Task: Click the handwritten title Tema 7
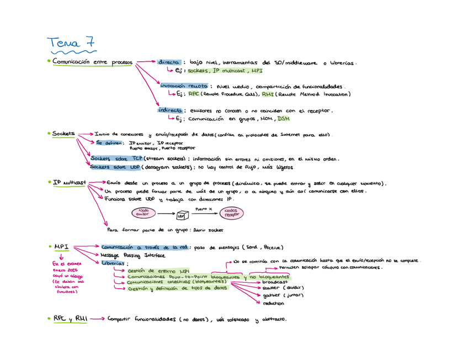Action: [71, 42]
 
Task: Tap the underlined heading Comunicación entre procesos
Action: [92, 62]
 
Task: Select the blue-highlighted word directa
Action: [168, 62]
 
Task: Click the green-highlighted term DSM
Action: [283, 118]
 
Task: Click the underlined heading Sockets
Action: [64, 134]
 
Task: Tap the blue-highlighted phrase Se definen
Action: [108, 142]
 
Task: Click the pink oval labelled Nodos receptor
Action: [232, 213]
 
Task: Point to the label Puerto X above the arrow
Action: [204, 209]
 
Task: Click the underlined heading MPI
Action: [61, 247]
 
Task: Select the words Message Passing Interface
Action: [133, 255]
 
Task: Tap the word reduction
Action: [273, 303]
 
